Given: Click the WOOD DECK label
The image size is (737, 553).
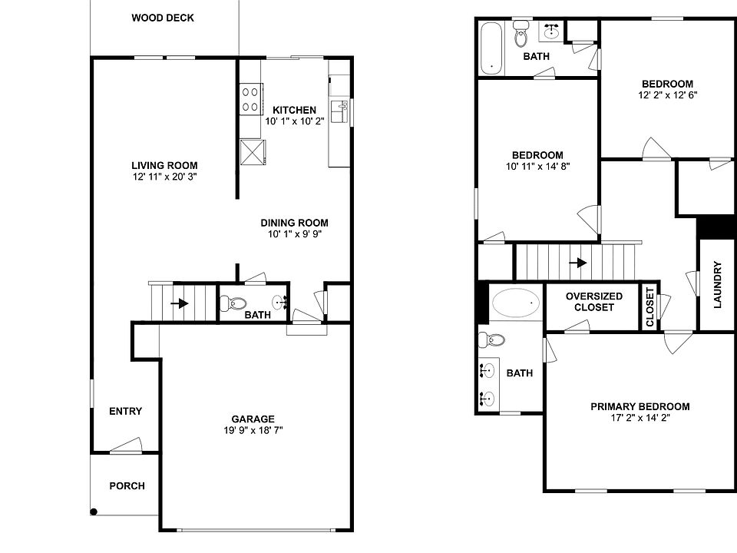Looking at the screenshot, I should pyautogui.click(x=162, y=18).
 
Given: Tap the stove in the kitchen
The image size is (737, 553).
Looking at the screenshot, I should pyautogui.click(x=250, y=98).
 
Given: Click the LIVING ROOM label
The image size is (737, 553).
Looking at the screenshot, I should pyautogui.click(x=164, y=165).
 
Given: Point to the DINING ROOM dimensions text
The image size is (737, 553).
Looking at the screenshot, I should pyautogui.click(x=293, y=235).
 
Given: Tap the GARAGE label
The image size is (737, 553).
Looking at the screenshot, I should pyautogui.click(x=253, y=419).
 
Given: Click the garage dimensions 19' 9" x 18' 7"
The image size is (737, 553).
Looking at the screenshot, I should pyautogui.click(x=253, y=431).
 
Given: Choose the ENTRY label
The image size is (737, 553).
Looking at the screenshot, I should pyautogui.click(x=125, y=412).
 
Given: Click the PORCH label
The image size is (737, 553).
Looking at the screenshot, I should pyautogui.click(x=127, y=486).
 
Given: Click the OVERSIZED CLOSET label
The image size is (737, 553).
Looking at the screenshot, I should pyautogui.click(x=593, y=302).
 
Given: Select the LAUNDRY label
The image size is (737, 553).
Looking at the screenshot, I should pyautogui.click(x=718, y=285).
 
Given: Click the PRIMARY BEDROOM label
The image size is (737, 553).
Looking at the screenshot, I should pyautogui.click(x=640, y=407).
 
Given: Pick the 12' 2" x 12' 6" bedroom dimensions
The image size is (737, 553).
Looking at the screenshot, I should pyautogui.click(x=667, y=95).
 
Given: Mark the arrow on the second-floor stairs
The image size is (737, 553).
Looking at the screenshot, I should pyautogui.click(x=578, y=262).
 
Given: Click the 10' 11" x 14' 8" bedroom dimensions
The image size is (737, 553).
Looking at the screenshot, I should pyautogui.click(x=537, y=166).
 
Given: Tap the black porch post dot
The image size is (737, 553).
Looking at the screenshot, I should pyautogui.click(x=94, y=512).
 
